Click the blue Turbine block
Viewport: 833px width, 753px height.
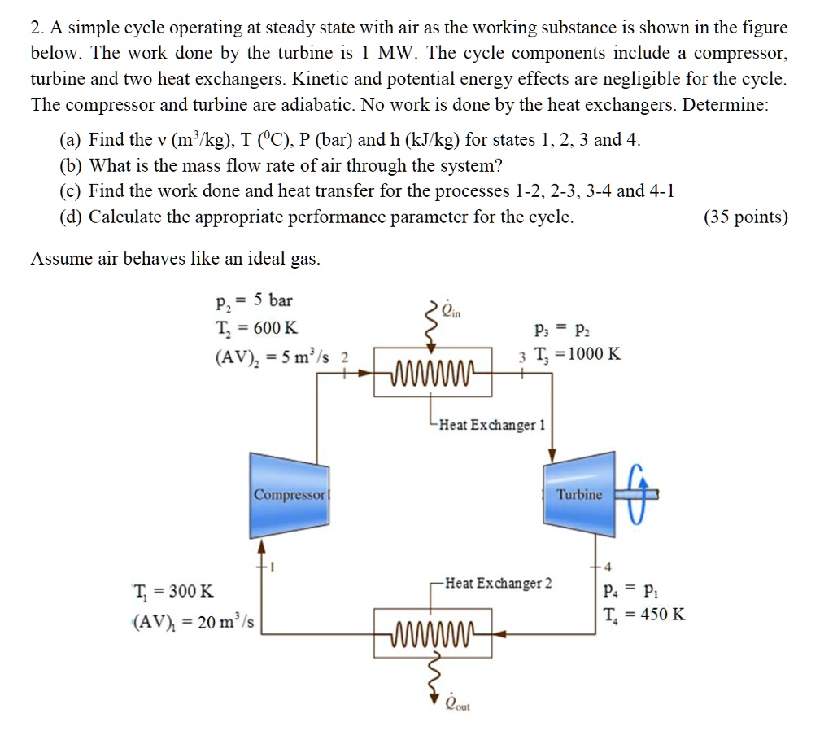[x=578, y=493]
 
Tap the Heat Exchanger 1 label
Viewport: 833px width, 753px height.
[x=492, y=424]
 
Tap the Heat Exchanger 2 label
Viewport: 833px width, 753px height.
[x=499, y=583]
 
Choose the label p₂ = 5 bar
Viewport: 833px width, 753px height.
[x=253, y=300]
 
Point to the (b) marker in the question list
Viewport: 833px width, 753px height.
[x=71, y=165]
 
